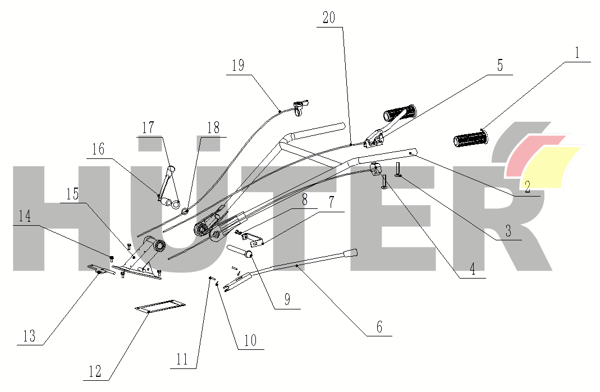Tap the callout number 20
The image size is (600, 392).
[329, 18]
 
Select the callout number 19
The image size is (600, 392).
[238, 66]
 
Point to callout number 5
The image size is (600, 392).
[500, 66]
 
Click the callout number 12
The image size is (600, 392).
[95, 371]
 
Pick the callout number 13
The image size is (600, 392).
[29, 336]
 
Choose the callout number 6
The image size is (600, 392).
[379, 327]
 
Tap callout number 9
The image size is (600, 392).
[287, 300]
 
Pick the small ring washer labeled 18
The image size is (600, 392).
[184, 211]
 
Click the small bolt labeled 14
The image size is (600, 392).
[111, 258]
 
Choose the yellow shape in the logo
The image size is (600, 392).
[556, 167]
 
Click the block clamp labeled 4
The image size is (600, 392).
[377, 168]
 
